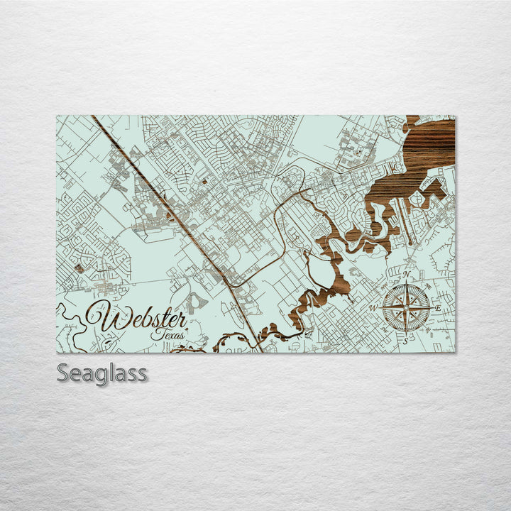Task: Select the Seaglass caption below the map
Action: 102,373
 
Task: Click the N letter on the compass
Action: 407,275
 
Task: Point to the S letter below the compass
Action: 405,341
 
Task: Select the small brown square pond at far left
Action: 79,268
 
